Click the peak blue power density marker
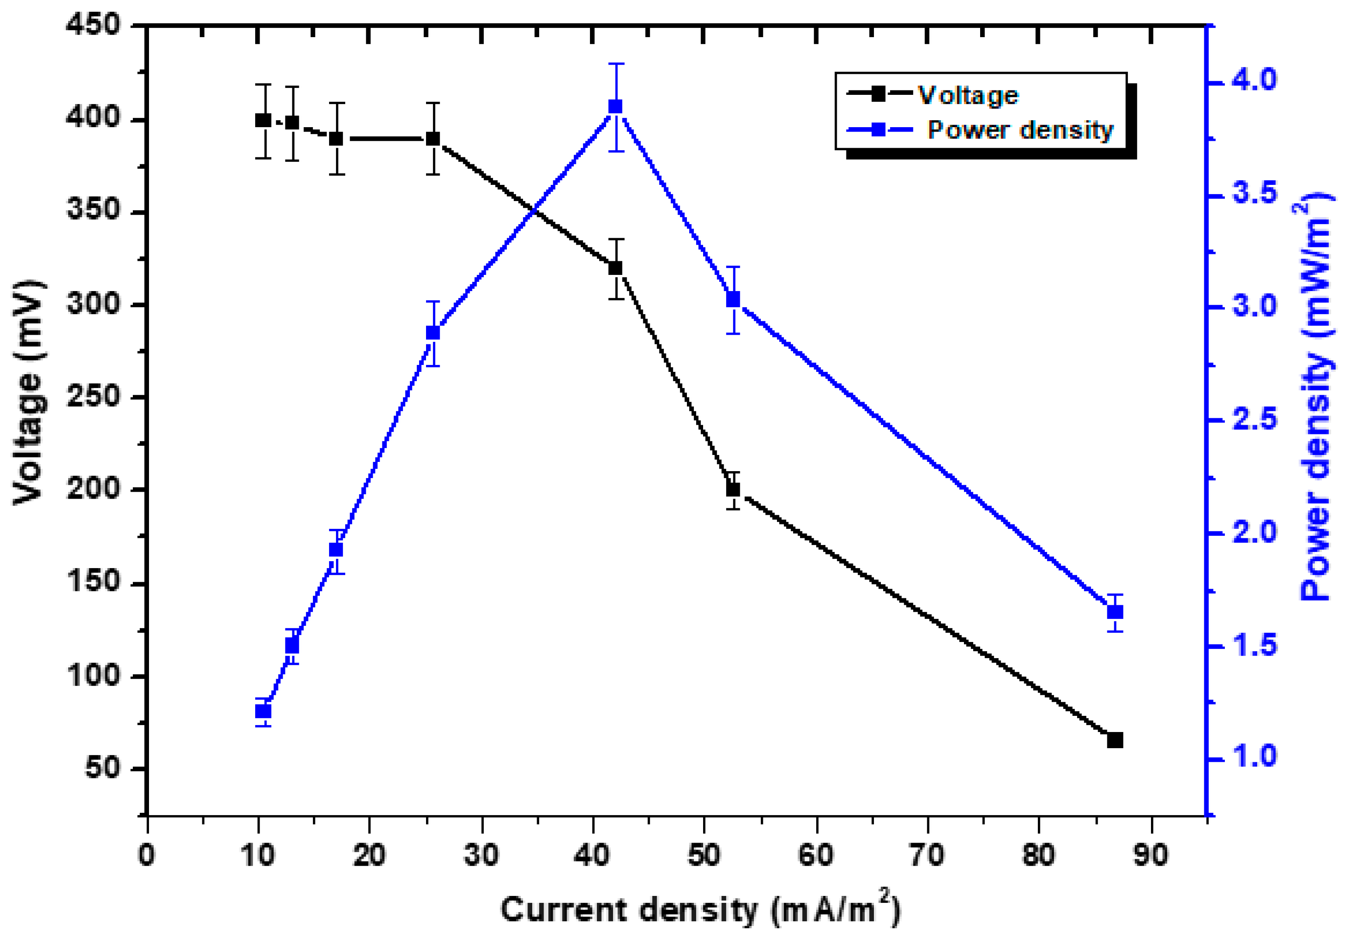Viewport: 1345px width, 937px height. [x=615, y=107]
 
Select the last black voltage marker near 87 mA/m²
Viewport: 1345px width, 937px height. [x=1115, y=740]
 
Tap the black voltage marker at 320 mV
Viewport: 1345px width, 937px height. [x=615, y=268]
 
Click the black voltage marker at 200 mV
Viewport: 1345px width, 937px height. [x=733, y=489]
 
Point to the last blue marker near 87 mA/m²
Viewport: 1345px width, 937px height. [x=1115, y=612]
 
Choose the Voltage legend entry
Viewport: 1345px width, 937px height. [x=968, y=95]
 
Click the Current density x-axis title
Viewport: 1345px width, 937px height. [x=700, y=909]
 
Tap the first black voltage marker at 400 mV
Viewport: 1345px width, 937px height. [x=263, y=120]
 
